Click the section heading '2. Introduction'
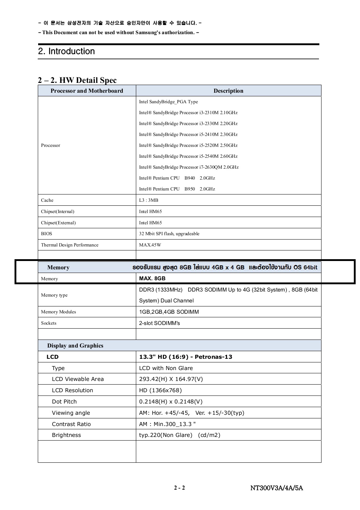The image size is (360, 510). [x=66, y=51]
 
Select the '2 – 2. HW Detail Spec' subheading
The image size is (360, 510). [x=77, y=80]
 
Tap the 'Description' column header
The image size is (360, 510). [x=228, y=91]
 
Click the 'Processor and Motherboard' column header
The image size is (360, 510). [x=87, y=91]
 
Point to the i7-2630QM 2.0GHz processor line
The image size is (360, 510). [x=189, y=167]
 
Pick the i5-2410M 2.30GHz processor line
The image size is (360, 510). [x=188, y=134]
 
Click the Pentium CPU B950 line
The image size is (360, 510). [x=177, y=189]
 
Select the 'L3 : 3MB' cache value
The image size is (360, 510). [x=149, y=200]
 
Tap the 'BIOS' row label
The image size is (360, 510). [x=46, y=234]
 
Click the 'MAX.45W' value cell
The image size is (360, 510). [x=150, y=245]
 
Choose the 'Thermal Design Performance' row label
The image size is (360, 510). [x=70, y=245]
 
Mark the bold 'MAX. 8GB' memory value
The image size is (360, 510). [x=152, y=278]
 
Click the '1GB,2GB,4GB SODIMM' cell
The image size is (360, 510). [x=169, y=312]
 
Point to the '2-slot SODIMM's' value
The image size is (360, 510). [x=159, y=323]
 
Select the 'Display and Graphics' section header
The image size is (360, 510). [x=75, y=346]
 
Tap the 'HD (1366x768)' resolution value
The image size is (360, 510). [x=160, y=390]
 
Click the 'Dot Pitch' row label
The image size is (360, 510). [x=64, y=402]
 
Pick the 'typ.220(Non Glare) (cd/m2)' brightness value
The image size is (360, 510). [x=179, y=435]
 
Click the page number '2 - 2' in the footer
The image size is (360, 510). [x=179, y=488]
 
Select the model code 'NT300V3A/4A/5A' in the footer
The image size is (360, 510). [x=276, y=488]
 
